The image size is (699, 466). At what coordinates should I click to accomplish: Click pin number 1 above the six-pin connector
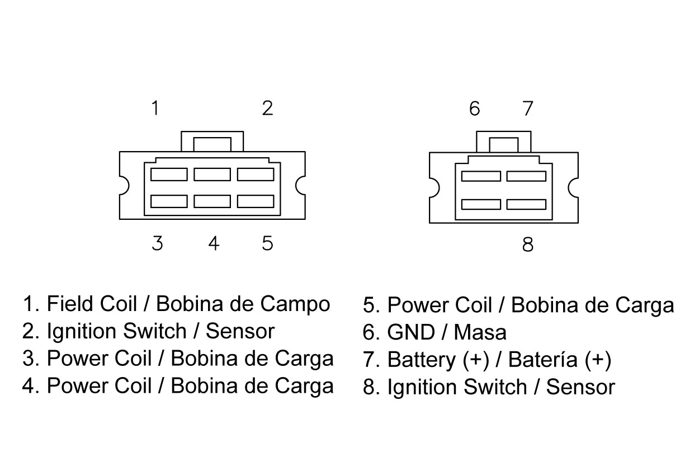click(155, 108)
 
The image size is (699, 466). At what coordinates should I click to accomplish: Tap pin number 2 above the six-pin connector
click(267, 108)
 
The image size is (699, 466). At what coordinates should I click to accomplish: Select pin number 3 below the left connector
click(157, 243)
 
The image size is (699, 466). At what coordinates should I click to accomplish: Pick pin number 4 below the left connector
click(214, 243)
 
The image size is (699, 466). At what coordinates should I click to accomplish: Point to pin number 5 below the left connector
click(267, 243)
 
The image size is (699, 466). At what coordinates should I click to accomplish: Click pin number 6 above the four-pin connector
click(474, 109)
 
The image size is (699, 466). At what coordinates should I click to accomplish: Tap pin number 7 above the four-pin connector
click(528, 109)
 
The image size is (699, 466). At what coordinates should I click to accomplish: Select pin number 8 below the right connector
click(528, 244)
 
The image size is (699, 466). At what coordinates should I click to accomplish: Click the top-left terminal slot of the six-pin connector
click(169, 175)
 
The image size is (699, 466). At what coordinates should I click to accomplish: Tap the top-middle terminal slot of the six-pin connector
click(212, 175)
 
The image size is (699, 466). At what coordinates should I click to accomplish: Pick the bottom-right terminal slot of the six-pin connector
click(256, 201)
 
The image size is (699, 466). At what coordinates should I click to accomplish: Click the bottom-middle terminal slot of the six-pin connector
click(212, 201)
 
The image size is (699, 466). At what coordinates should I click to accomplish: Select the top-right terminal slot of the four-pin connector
click(526, 176)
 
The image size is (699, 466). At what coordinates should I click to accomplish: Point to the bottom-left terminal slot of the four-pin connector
click(481, 204)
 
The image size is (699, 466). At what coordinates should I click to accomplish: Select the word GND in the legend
click(411, 332)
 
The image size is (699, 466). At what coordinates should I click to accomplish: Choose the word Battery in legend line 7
click(422, 360)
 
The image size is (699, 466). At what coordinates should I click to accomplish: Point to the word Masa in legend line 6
click(480, 332)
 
